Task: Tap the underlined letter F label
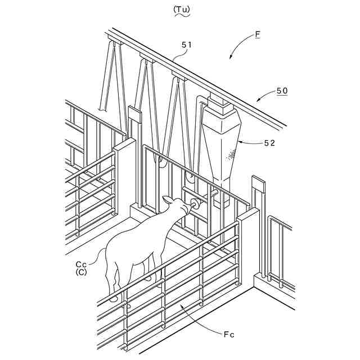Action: tap(258, 34)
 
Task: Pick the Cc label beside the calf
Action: tap(82, 263)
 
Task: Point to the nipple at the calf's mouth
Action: tap(195, 203)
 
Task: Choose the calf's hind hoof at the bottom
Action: tap(114, 298)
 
